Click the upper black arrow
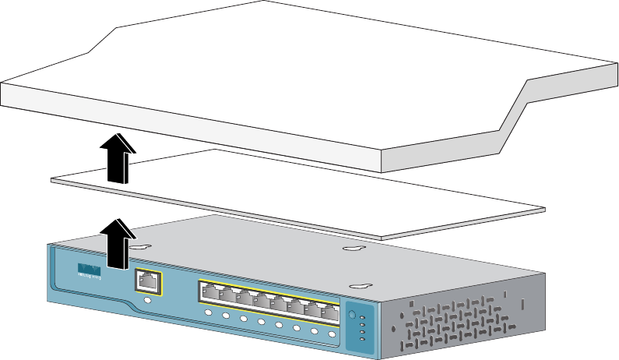pyautogui.click(x=119, y=155)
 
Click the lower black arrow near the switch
pyautogui.click(x=117, y=243)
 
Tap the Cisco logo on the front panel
pyautogui.click(x=90, y=270)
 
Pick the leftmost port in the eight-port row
pyautogui.click(x=212, y=294)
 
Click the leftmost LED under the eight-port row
pyautogui.click(x=209, y=313)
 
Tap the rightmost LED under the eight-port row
pyautogui.click(x=332, y=334)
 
